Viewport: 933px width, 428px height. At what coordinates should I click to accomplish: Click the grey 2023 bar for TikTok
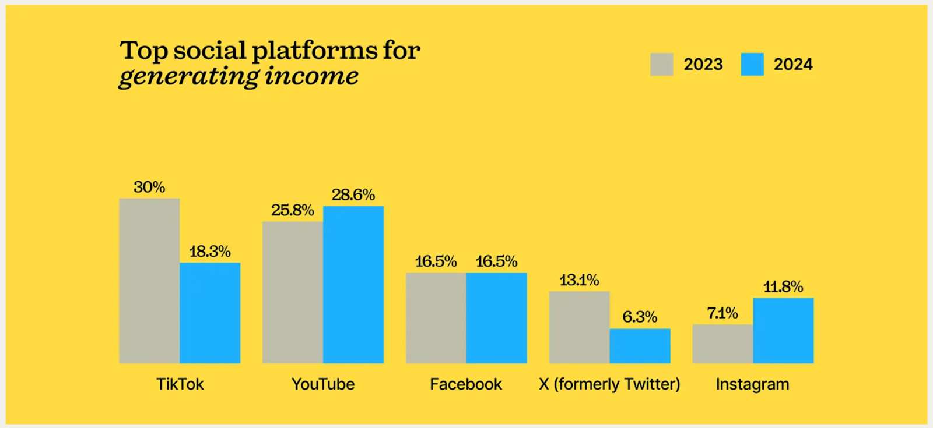pos(149,281)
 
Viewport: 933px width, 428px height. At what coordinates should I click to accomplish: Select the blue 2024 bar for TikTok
pos(210,313)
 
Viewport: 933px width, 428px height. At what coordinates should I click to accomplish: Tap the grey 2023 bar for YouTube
pos(293,292)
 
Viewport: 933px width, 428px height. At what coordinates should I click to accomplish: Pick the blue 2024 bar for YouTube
pos(353,284)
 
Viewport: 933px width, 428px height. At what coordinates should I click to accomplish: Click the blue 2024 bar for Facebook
pos(497,317)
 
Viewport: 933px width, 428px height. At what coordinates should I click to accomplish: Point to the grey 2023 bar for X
pos(579,327)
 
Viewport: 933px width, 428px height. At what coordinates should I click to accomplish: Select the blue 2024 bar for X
pos(640,345)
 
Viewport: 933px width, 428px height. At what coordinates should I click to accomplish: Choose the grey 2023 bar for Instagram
pos(722,344)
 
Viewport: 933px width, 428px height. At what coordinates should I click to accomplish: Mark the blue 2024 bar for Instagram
pos(783,330)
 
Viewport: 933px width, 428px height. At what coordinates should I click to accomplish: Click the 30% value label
pos(149,187)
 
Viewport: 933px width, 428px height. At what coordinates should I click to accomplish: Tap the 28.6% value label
pos(353,194)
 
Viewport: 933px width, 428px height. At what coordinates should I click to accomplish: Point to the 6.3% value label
pos(640,317)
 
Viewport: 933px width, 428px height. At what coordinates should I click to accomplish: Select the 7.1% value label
pos(722,313)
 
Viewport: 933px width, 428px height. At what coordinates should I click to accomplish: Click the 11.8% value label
pos(783,286)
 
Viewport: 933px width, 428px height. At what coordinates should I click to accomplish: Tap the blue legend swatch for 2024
pos(752,64)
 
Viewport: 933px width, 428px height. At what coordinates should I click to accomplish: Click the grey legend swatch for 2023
pos(662,64)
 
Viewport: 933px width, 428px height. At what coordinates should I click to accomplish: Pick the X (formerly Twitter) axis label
pos(609,384)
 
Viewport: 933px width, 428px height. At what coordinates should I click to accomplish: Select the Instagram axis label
pos(752,384)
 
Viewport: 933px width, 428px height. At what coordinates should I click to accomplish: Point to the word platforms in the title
pos(314,51)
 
